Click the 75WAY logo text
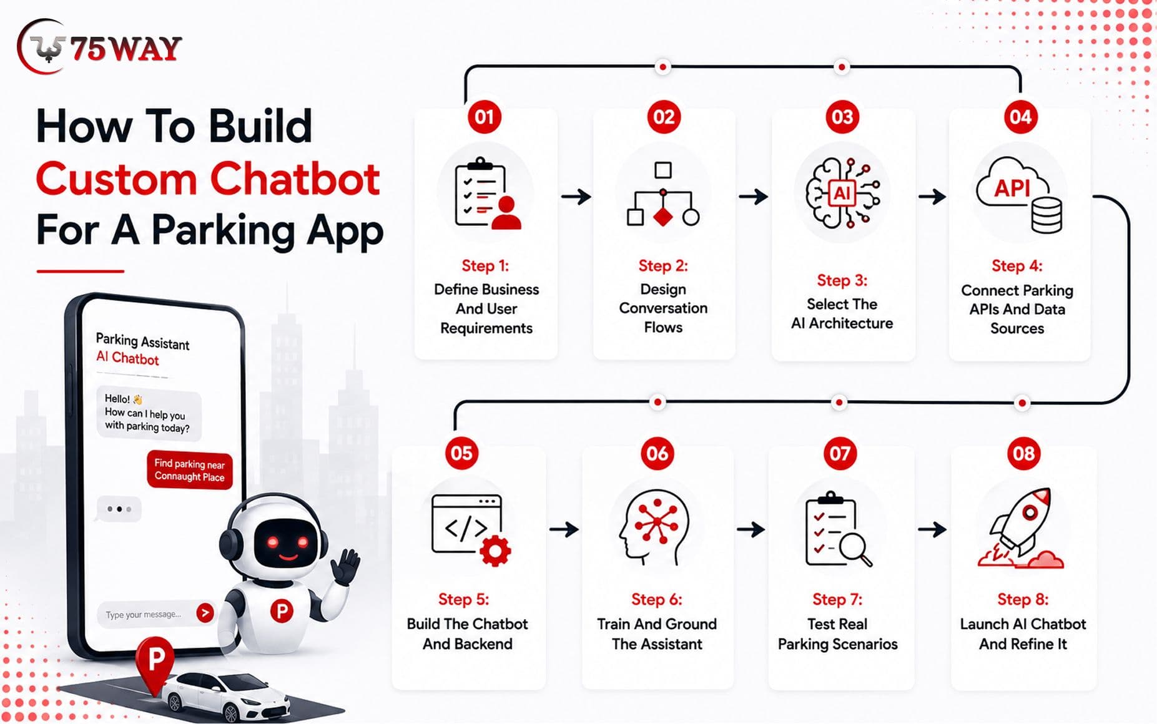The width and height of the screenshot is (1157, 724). pos(126,49)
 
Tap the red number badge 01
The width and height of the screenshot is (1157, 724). pos(485,117)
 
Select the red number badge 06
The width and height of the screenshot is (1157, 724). pos(657,453)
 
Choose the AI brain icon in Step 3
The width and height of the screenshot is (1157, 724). pos(842,192)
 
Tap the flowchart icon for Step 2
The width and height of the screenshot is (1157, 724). pos(663,193)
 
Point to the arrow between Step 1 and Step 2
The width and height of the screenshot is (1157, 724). pos(576,197)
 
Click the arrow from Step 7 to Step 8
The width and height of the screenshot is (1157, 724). pos(932,529)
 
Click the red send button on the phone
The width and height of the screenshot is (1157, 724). pos(205,613)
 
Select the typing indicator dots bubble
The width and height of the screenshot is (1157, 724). pos(119,509)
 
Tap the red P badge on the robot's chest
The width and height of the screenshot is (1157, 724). pos(282,610)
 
